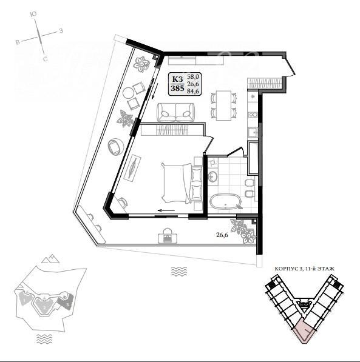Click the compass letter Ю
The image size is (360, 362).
tap(33, 15)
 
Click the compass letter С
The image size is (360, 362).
tap(46, 59)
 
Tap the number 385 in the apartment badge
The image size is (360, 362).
tap(177, 88)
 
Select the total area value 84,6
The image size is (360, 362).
tap(194, 91)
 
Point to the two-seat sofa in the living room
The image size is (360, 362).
tap(175, 112)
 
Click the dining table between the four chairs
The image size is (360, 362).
tap(223, 106)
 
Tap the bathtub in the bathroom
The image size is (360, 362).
tap(225, 201)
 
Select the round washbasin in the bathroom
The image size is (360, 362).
tap(212, 177)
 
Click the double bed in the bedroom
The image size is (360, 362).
tap(182, 183)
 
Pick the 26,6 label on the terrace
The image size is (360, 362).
tap(222, 235)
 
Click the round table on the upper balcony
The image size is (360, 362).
tap(128, 93)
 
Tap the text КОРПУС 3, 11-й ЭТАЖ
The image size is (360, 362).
tap(304, 269)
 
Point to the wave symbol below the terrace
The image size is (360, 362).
tap(179, 271)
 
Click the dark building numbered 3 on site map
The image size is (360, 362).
tap(66, 301)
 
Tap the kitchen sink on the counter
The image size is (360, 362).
tap(253, 133)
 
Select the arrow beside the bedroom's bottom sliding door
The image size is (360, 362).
tap(166, 210)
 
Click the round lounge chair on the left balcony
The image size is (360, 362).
tap(115, 146)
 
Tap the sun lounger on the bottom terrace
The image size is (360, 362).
tap(168, 236)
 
